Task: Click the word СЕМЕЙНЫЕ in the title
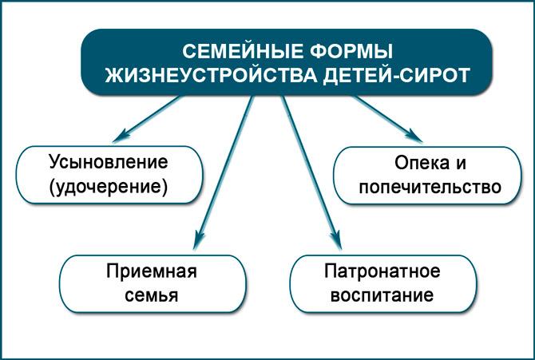[x=242, y=52]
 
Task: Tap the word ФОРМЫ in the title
[x=351, y=52]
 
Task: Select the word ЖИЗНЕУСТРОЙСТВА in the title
[x=211, y=75]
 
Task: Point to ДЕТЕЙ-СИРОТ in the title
[x=397, y=75]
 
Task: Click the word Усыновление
[x=109, y=162]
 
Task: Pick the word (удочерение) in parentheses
[x=109, y=187]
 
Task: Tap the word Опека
[x=422, y=163]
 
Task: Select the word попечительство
[x=430, y=187]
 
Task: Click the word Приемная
[x=152, y=271]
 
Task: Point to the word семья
[x=152, y=295]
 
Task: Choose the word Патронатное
[x=382, y=271]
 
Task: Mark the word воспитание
[x=382, y=295]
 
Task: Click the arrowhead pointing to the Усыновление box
[x=121, y=136]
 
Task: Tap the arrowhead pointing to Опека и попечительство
[x=414, y=136]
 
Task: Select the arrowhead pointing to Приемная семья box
[x=199, y=239]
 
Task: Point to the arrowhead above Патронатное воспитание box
[x=336, y=239]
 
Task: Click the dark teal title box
[x=287, y=62]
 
